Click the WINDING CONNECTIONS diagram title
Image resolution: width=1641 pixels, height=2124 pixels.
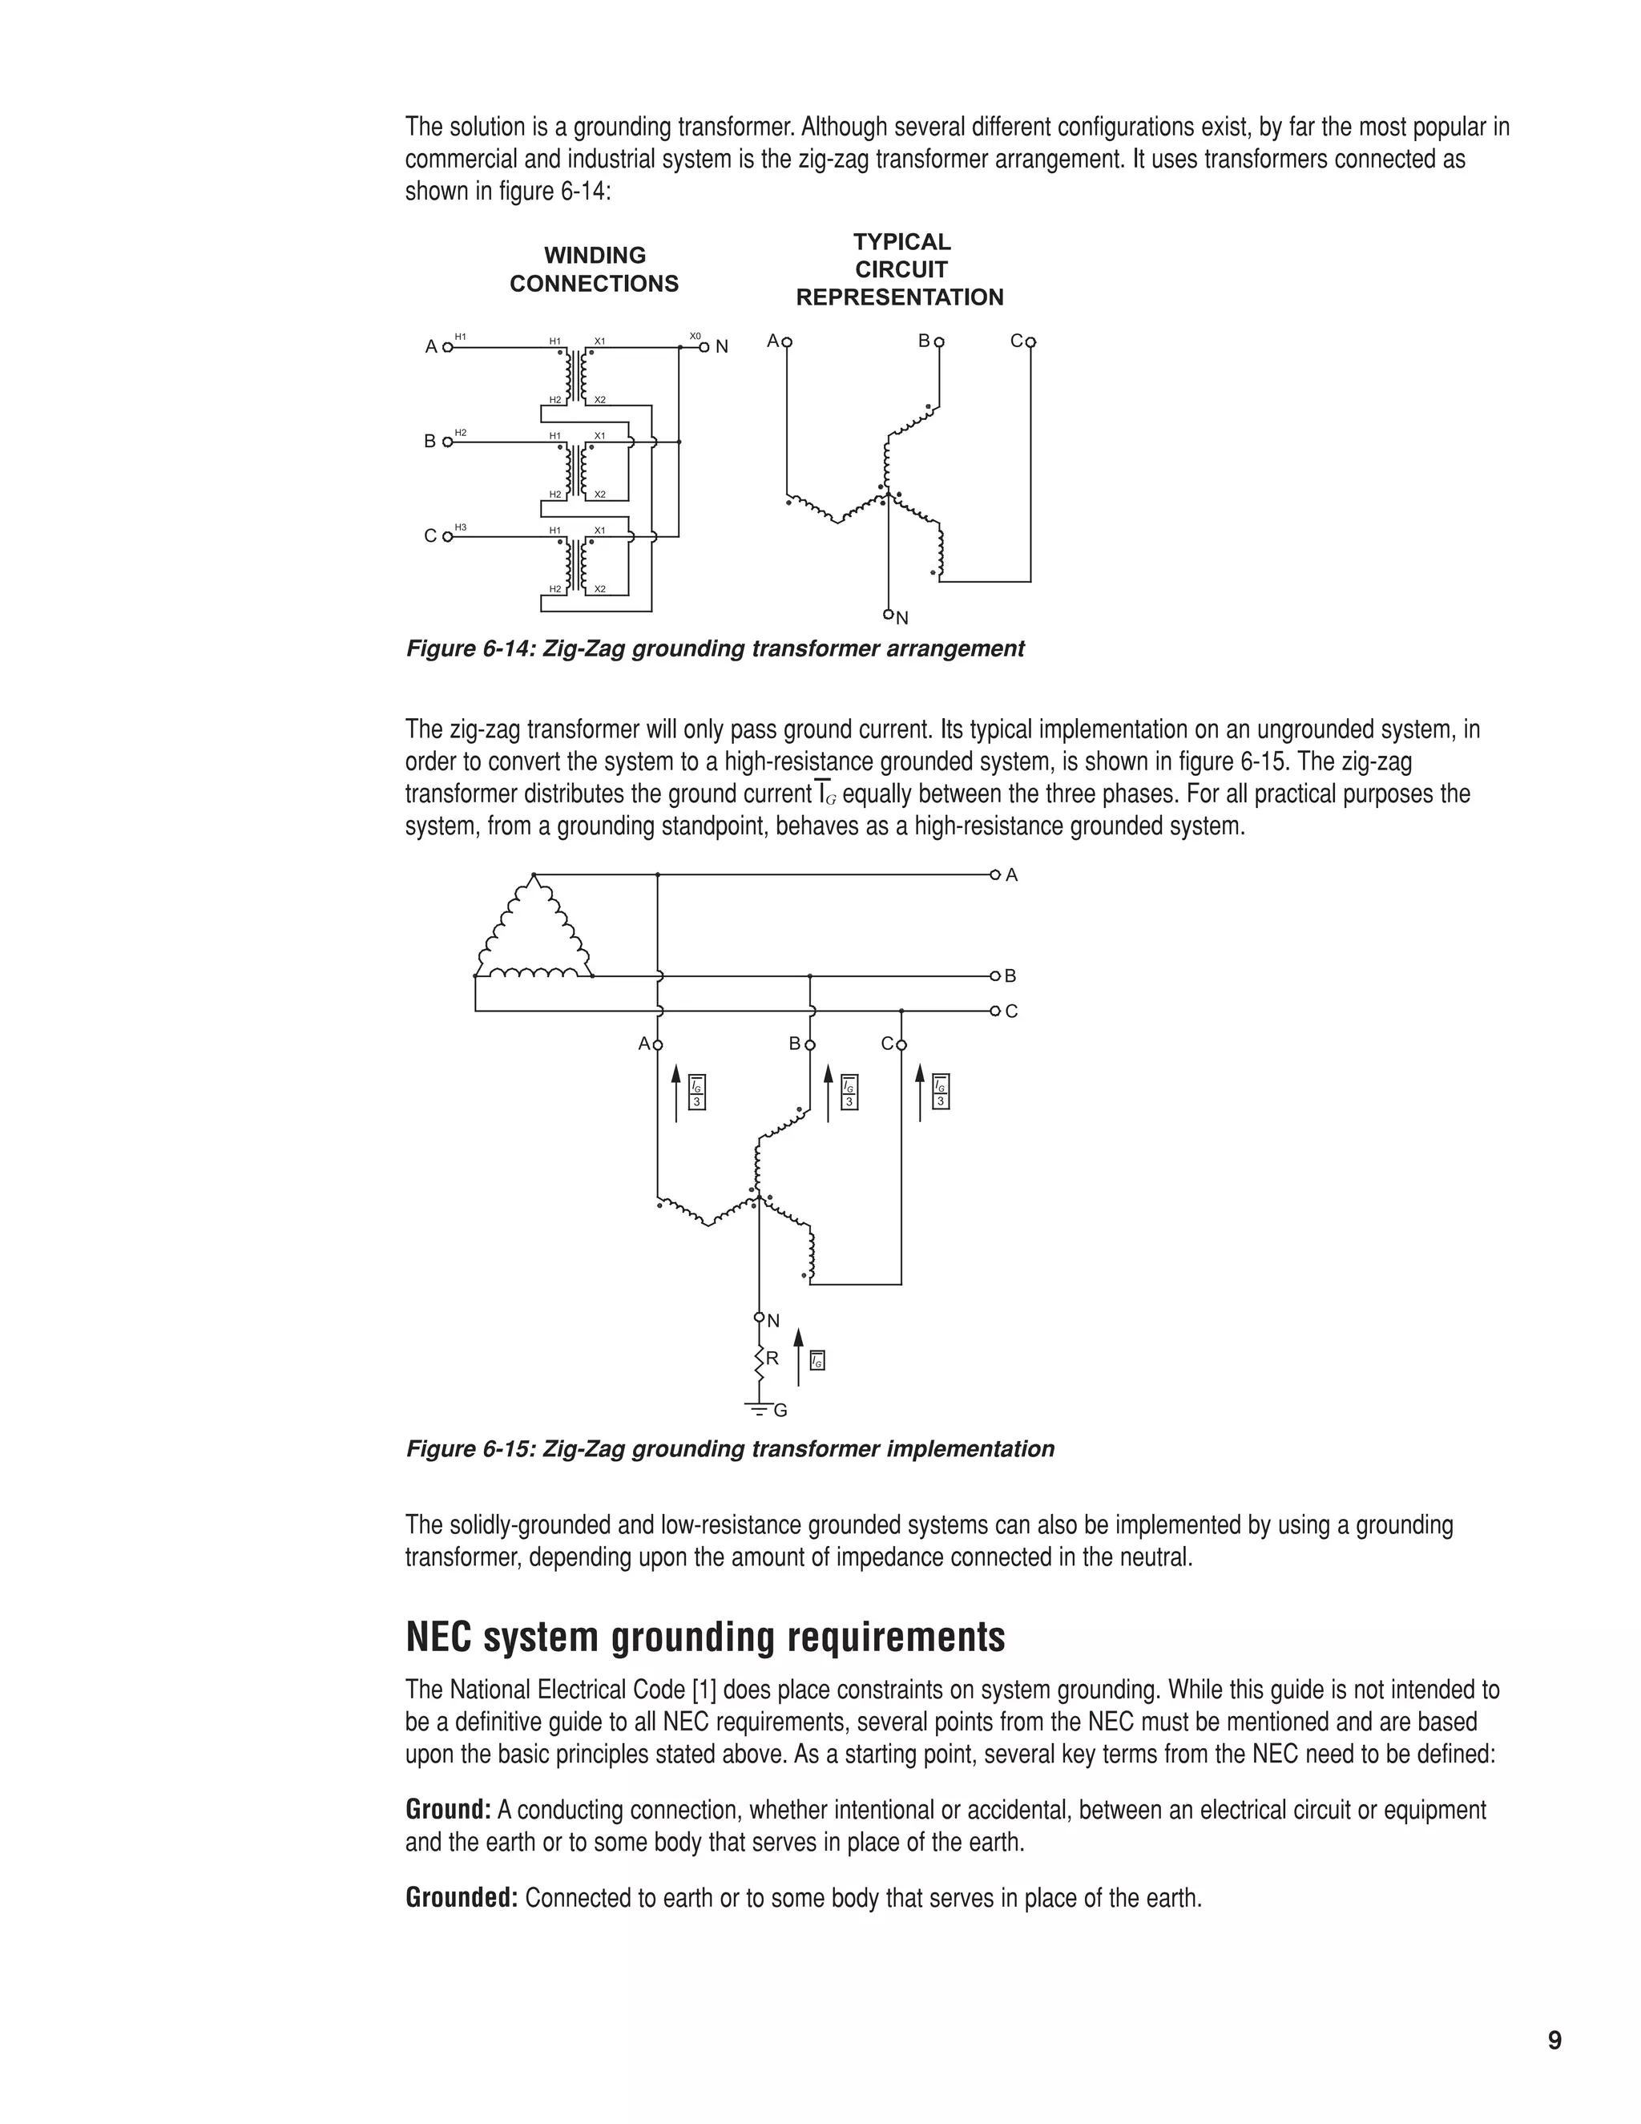coord(594,269)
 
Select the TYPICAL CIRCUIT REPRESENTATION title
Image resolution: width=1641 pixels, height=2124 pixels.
coord(900,269)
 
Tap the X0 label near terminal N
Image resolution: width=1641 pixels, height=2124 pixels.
coord(695,336)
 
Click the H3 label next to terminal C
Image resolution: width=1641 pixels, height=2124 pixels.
coord(461,527)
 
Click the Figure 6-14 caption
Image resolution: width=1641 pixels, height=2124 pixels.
coord(715,648)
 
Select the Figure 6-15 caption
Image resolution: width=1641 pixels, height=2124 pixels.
coord(729,1449)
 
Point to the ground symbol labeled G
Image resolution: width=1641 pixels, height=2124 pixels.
coord(756,1408)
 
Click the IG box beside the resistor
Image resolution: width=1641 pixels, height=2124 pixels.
coord(817,1361)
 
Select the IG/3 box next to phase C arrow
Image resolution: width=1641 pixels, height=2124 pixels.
coord(940,1091)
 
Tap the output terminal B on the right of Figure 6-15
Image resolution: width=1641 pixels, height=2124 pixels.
coord(995,975)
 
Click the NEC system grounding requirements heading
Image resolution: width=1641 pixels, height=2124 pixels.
coord(705,1637)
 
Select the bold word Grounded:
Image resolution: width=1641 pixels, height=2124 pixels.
coord(462,1897)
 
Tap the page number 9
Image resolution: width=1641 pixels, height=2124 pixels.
coord(1554,2041)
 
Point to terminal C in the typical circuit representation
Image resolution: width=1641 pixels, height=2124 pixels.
coord(1030,342)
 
